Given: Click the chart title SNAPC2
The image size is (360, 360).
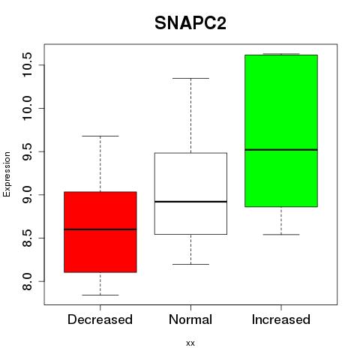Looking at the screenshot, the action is (x=190, y=23).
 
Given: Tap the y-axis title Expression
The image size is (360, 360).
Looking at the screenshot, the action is (x=7, y=174).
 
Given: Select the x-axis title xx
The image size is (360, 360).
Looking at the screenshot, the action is (x=190, y=343).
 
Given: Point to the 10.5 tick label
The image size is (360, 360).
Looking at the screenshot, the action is (x=27, y=65).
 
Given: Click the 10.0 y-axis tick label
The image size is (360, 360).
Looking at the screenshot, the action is (x=27, y=108).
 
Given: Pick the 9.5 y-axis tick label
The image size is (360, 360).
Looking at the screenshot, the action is (x=27, y=151).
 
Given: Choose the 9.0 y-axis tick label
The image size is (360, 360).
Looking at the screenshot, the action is (x=27, y=195).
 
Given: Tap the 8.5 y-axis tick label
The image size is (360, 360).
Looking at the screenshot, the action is (x=27, y=238).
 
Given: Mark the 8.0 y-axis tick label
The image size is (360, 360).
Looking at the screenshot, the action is (x=27, y=281).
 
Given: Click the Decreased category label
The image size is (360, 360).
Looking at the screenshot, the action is (x=100, y=319).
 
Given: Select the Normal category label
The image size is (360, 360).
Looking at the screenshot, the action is (x=190, y=319).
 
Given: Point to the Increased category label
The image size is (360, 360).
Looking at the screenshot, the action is (x=281, y=319).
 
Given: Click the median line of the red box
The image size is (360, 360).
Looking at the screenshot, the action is (x=100, y=229).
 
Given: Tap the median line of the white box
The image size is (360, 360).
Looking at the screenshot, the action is (x=190, y=202).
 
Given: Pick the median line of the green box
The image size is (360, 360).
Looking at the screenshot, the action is (x=281, y=150).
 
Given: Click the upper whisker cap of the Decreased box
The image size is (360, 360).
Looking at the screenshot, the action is (x=100, y=136).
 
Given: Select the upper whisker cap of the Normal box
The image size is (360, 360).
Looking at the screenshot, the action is (x=190, y=78).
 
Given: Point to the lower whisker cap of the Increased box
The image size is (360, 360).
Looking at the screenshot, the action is (x=281, y=235).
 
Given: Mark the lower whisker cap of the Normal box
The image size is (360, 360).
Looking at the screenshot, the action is (x=190, y=264).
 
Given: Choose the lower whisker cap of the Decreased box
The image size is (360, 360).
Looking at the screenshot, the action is (x=100, y=295).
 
